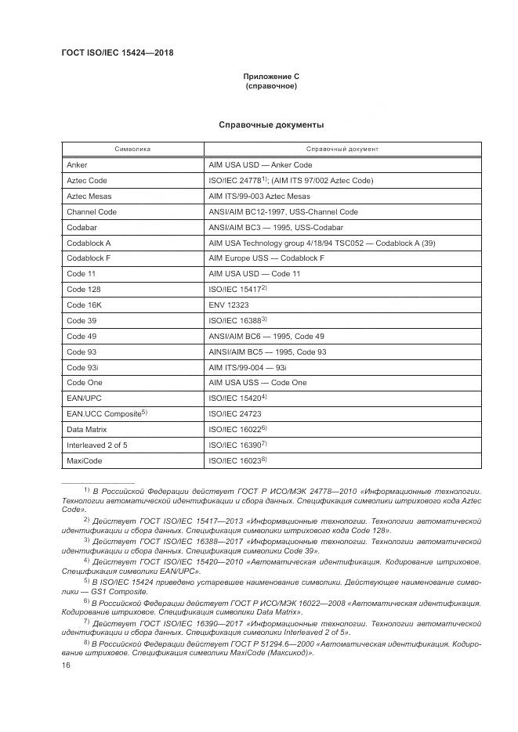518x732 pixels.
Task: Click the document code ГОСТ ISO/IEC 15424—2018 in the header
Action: click(117, 53)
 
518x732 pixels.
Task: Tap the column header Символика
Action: click(132, 149)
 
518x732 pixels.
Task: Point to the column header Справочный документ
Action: click(342, 149)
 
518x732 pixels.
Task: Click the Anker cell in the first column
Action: click(78, 165)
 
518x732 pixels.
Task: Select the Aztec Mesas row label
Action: click(89, 196)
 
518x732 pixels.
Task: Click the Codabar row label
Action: click(82, 227)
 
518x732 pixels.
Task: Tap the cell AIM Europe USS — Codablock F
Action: click(266, 258)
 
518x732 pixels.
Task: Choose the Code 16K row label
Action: click(84, 305)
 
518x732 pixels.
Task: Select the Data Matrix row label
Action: click(86, 430)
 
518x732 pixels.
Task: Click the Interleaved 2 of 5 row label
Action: click(96, 445)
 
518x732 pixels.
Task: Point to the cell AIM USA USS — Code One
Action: click(258, 383)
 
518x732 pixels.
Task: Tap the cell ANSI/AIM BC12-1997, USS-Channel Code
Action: click(283, 211)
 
